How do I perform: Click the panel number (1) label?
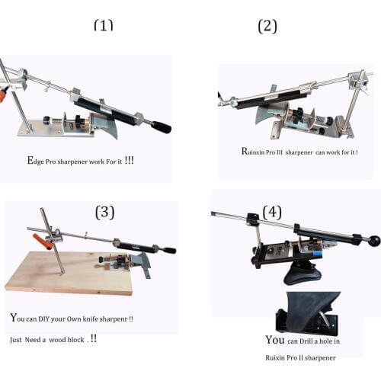click(104, 25)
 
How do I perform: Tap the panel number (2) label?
click(267, 27)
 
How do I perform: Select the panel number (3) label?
click(104, 212)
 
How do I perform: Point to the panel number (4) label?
click(272, 212)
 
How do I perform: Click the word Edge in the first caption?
click(35, 161)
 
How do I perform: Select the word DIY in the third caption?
click(43, 319)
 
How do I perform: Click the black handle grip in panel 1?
click(162, 126)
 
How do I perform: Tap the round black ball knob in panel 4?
click(374, 241)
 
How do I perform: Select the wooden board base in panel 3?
click(69, 274)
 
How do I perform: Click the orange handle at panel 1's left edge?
click(2, 96)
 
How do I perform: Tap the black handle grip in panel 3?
click(169, 251)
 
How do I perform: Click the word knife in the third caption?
click(91, 319)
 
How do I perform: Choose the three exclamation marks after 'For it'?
click(129, 160)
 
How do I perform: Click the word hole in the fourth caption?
click(325, 341)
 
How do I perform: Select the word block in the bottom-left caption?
click(75, 340)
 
